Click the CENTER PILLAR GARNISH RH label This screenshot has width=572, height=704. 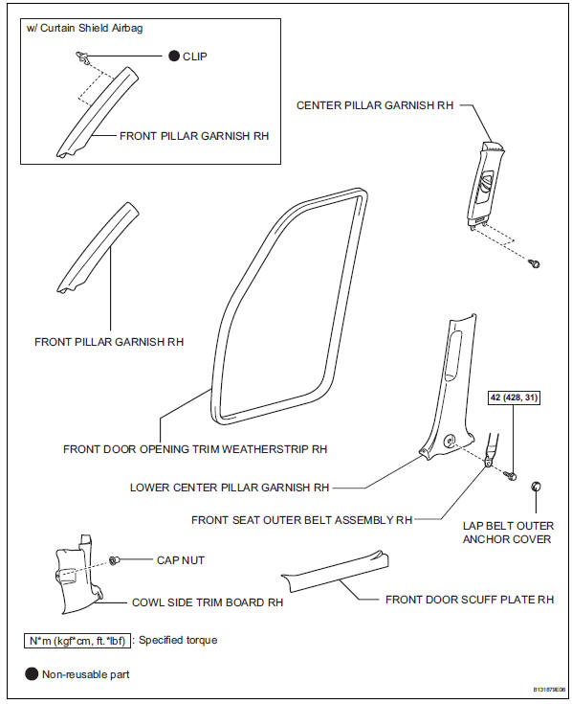(374, 105)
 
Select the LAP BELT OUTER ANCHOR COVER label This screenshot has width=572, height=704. (507, 533)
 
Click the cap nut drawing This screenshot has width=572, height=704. (115, 560)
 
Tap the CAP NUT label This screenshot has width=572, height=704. (180, 560)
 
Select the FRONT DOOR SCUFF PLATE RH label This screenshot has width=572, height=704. (470, 600)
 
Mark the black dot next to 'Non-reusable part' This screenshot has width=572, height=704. (31, 674)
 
